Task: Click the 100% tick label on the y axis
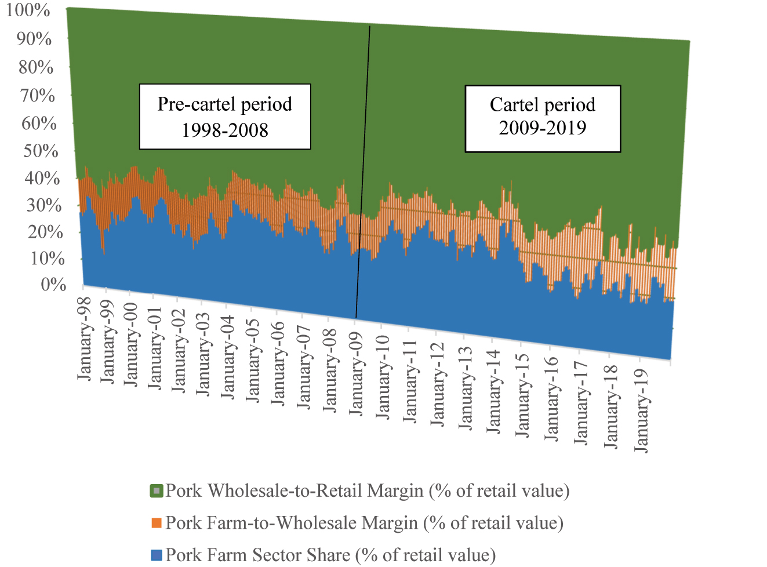point(28,10)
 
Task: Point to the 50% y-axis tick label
point(40,151)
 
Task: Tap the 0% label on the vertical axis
point(53,285)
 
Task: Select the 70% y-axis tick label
point(38,96)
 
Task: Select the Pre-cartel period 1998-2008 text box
point(225,117)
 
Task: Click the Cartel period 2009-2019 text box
point(543,119)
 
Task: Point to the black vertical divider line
point(363,174)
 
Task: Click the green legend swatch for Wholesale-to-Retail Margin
point(157,491)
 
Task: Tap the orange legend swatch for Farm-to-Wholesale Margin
point(157,523)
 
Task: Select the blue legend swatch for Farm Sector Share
point(157,555)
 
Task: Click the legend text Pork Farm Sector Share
point(330,555)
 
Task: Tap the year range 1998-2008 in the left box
point(225,130)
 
